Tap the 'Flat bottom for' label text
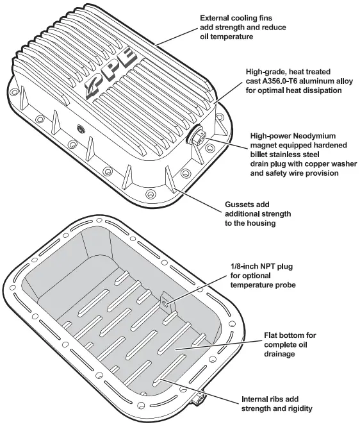pos(290,335)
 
